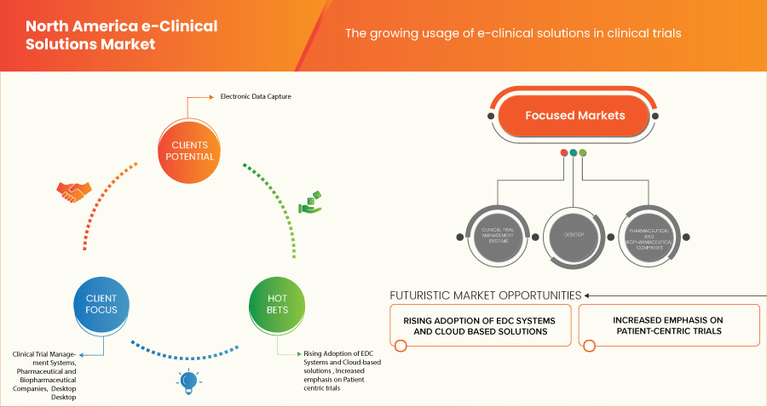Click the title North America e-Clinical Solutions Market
point(121,35)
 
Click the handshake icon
point(72,192)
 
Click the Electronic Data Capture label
point(256,97)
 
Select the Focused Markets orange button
point(574,116)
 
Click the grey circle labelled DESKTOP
point(574,232)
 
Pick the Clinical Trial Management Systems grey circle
point(496,232)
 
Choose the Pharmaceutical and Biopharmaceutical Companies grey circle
point(649,232)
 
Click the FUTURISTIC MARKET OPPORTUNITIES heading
point(485,295)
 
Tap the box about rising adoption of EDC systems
point(481,325)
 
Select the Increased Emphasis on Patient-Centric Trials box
point(669,325)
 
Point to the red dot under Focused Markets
point(564,153)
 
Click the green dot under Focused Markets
point(583,153)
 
